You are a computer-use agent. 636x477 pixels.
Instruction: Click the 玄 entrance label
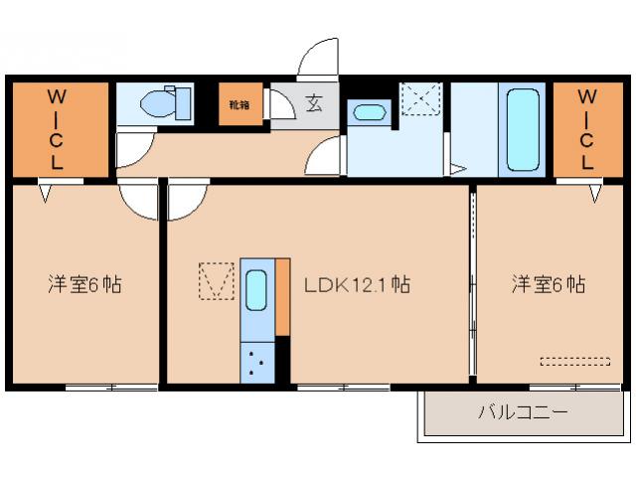coord(313,102)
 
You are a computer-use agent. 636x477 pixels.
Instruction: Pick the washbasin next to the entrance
coord(369,112)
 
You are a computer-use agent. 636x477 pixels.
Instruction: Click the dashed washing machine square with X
coord(420,100)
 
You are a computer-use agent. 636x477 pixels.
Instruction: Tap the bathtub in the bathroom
coord(523,129)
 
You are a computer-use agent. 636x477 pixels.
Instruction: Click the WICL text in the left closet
coord(58,130)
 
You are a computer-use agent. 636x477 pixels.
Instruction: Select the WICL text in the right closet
coord(587,129)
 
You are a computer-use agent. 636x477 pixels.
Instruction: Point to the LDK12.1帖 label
coord(357,285)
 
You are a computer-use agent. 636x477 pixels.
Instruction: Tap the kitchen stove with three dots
coord(257,362)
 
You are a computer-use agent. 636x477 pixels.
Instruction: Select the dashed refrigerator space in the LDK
coord(215,280)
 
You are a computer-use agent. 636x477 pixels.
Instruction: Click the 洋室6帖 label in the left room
coord(84,285)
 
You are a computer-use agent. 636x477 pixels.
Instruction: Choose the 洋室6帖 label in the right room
coord(549,285)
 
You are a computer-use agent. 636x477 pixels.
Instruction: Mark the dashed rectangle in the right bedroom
coord(574,361)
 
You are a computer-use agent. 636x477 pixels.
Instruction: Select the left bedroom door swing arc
coord(138,201)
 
